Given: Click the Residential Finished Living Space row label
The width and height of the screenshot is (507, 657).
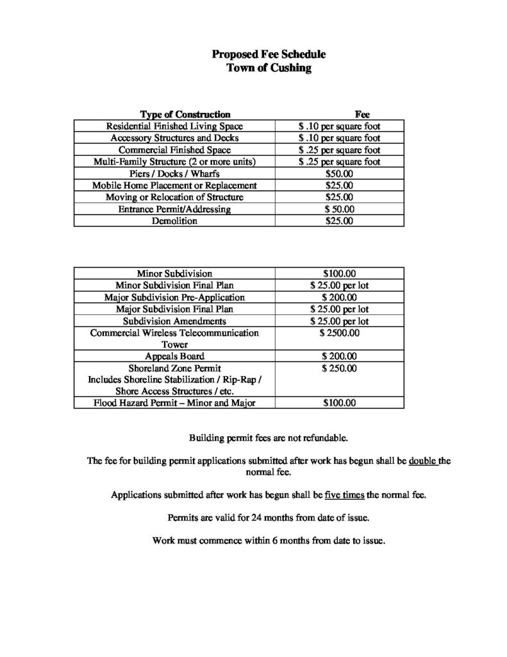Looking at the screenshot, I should click(175, 126).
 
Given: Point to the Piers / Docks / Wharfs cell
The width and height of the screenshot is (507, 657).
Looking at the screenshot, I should click(175, 174).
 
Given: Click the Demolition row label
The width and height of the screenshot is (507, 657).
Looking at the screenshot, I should click(175, 221).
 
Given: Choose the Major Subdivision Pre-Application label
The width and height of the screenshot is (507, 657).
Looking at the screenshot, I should click(175, 298).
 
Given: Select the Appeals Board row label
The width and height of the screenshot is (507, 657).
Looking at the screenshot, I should click(175, 356).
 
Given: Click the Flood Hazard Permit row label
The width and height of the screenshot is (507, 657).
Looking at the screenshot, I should click(175, 404).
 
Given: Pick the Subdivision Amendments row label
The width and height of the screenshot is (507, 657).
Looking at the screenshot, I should click(175, 321).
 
